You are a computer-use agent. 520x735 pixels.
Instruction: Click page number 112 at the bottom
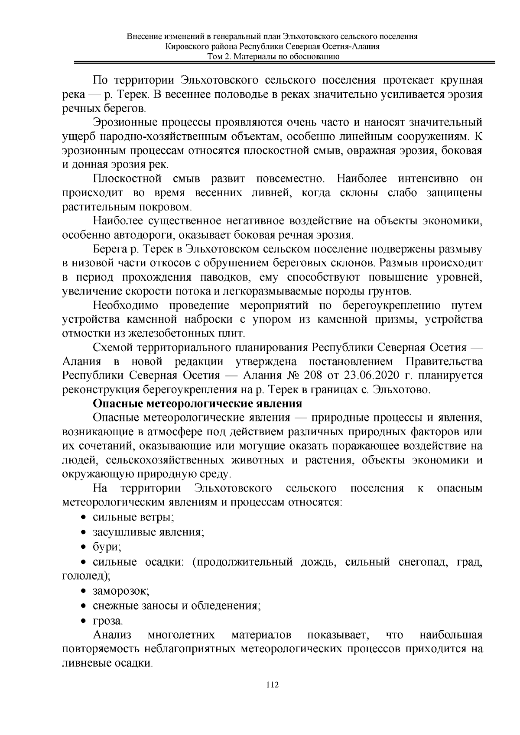click(x=272, y=696)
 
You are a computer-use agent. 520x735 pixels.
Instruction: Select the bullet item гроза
click(x=108, y=621)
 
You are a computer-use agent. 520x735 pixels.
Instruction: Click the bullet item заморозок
click(x=121, y=591)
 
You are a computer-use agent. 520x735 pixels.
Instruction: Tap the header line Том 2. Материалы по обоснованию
click(x=273, y=57)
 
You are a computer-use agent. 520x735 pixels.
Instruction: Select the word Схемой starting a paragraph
click(x=113, y=348)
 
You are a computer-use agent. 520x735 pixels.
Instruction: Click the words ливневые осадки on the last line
click(x=107, y=663)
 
